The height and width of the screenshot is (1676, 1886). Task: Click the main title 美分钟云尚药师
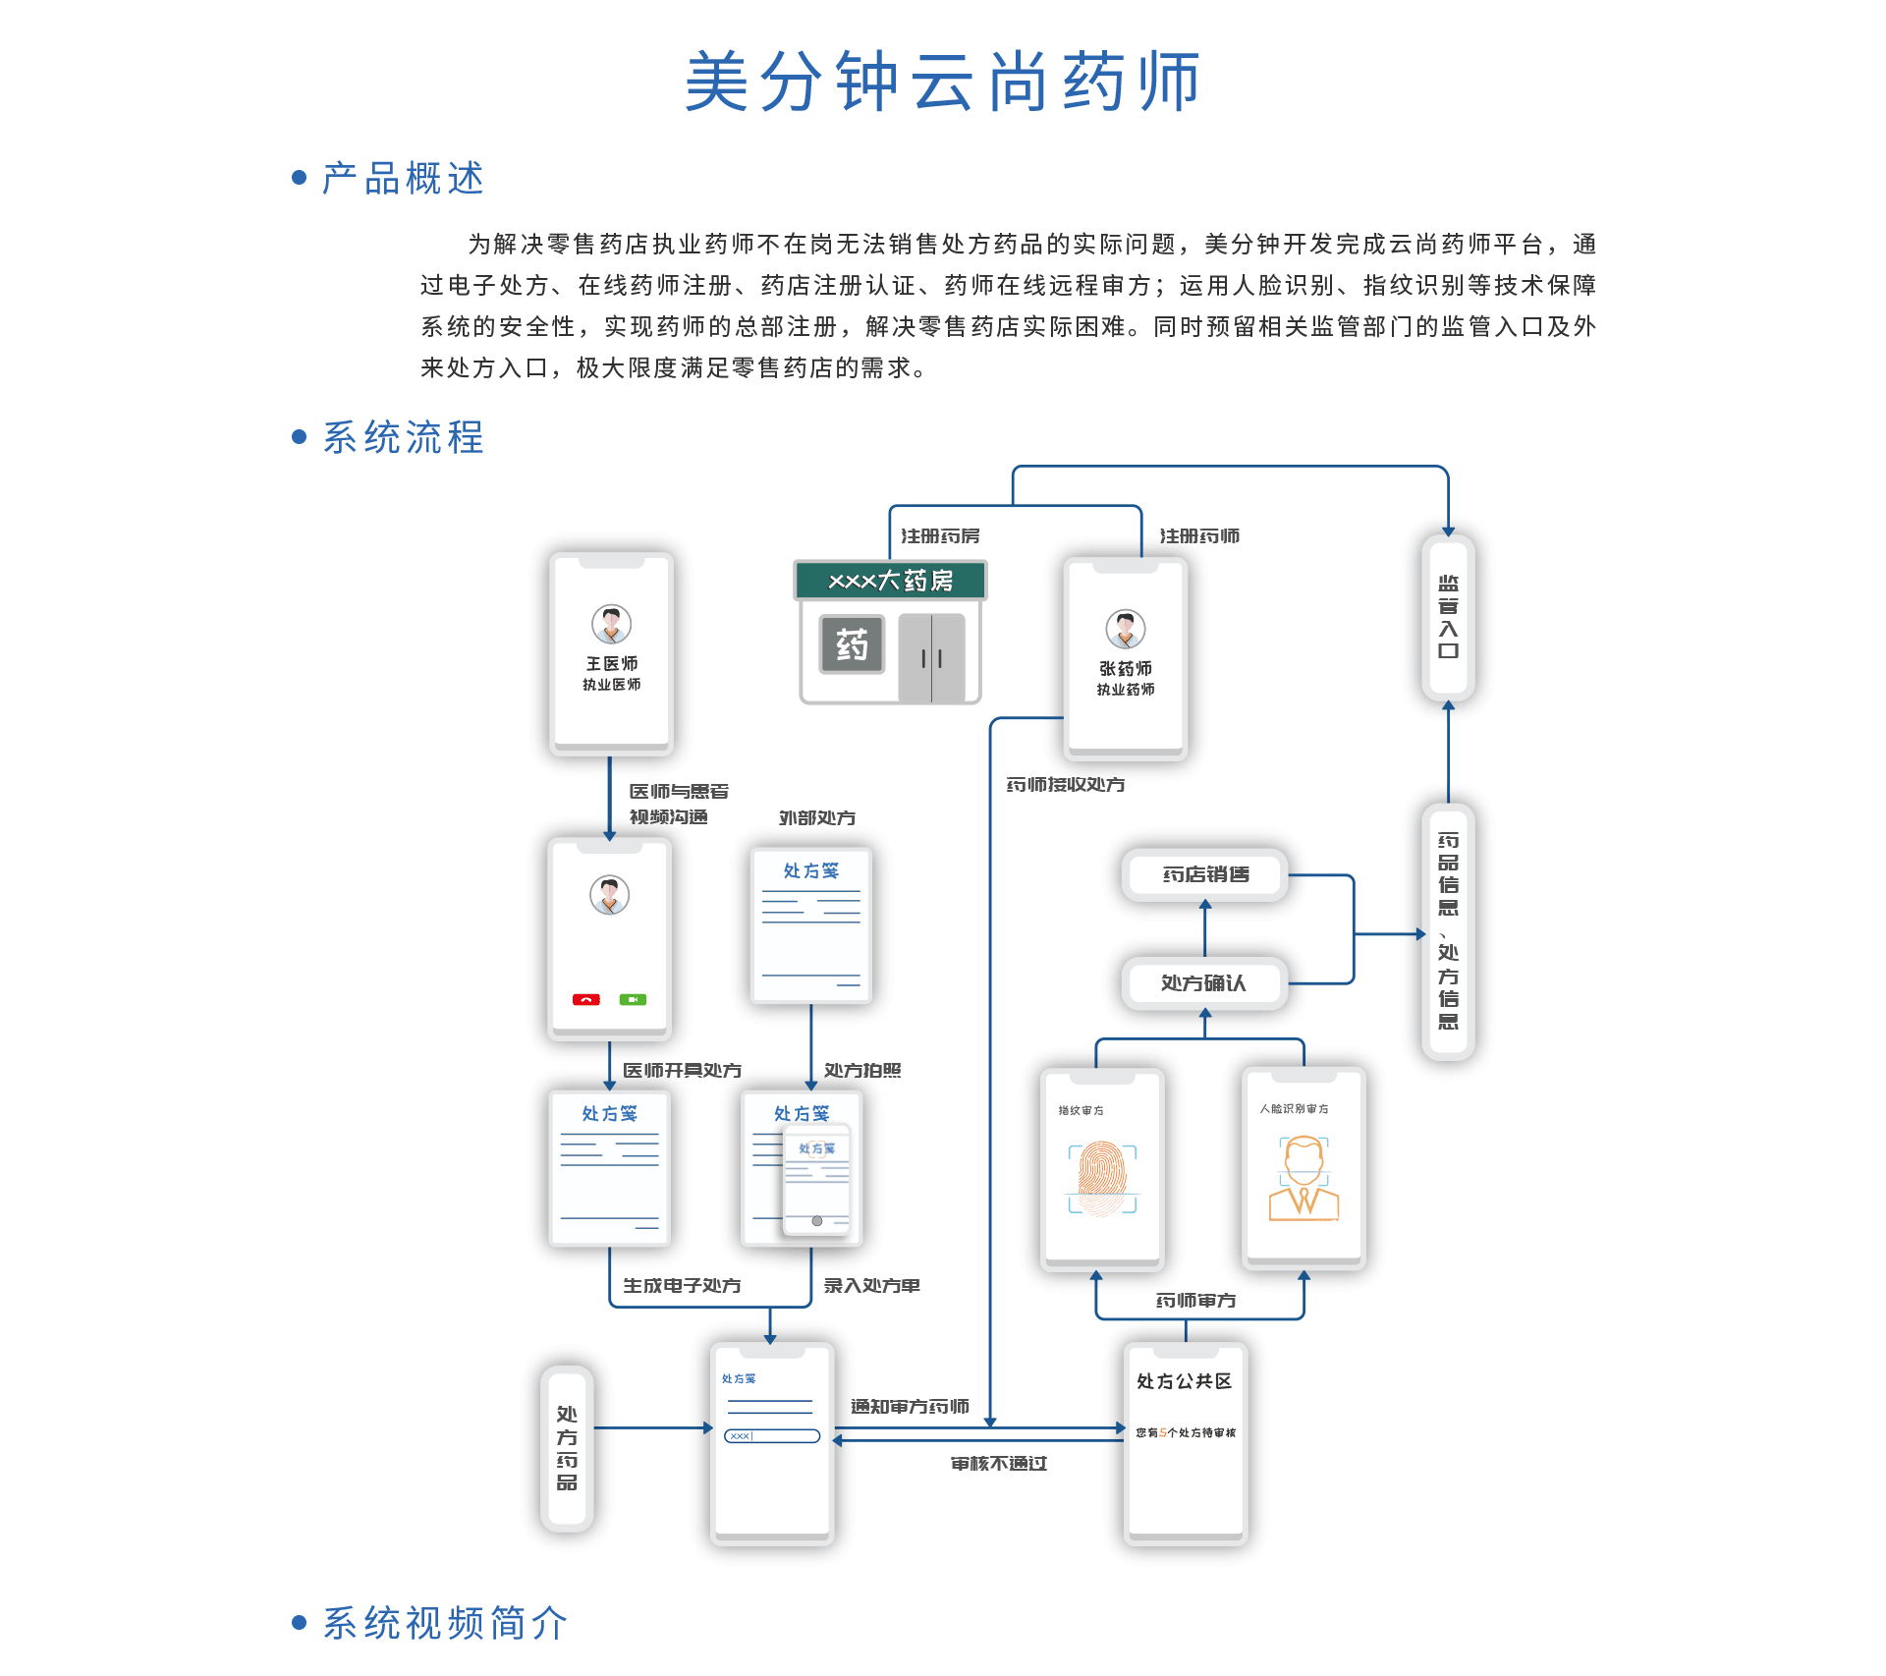[x=942, y=82]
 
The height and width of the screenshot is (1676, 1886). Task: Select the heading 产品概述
[x=403, y=179]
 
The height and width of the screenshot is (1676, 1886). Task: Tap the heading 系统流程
[x=403, y=437]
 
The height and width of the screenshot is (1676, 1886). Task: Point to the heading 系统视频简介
[x=445, y=1623]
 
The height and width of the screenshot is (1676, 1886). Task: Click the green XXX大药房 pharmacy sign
[x=890, y=581]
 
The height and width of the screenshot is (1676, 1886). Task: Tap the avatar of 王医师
[x=611, y=624]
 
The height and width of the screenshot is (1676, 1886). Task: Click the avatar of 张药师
[x=1126, y=629]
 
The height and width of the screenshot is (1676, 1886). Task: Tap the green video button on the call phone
[x=633, y=999]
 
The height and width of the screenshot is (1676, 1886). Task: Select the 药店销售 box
[x=1205, y=874]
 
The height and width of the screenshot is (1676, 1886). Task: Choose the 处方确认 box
[x=1204, y=982]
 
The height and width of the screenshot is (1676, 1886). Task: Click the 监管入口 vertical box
[x=1448, y=617]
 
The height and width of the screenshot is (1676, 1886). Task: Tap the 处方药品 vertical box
[x=567, y=1448]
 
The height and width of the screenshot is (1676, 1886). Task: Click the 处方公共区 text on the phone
[x=1184, y=1381]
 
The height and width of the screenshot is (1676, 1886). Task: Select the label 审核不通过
[x=998, y=1464]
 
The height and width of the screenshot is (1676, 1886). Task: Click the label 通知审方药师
[x=910, y=1407]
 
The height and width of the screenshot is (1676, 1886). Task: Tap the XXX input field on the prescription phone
[x=772, y=1436]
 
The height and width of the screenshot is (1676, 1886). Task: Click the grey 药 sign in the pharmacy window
[x=852, y=644]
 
